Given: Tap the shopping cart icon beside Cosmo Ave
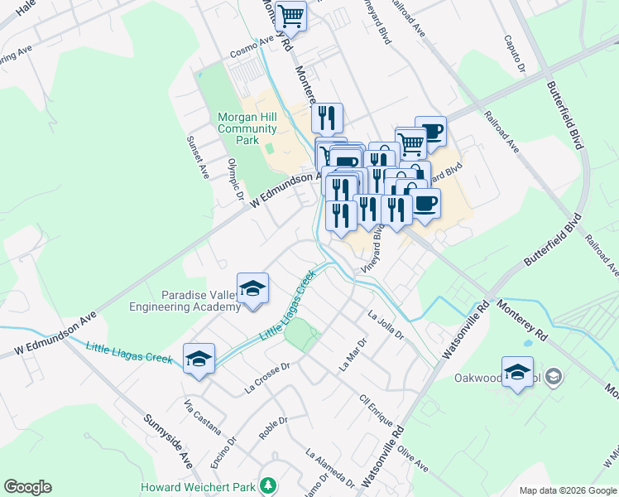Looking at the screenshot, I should pyautogui.click(x=290, y=16).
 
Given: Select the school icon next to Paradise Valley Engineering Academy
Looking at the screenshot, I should pyautogui.click(x=253, y=289).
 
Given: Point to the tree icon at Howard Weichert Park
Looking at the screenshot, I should pyautogui.click(x=267, y=485).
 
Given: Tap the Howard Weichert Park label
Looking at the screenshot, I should pyautogui.click(x=199, y=487).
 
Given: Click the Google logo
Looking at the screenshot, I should pyautogui.click(x=27, y=487).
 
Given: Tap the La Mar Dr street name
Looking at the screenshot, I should pyautogui.click(x=353, y=355).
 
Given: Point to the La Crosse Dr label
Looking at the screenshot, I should pyautogui.click(x=266, y=377).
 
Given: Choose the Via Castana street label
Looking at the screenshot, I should pyautogui.click(x=203, y=416).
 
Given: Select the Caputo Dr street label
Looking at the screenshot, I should pyautogui.click(x=513, y=54).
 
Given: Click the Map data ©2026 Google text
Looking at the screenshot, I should pyautogui.click(x=567, y=490).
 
